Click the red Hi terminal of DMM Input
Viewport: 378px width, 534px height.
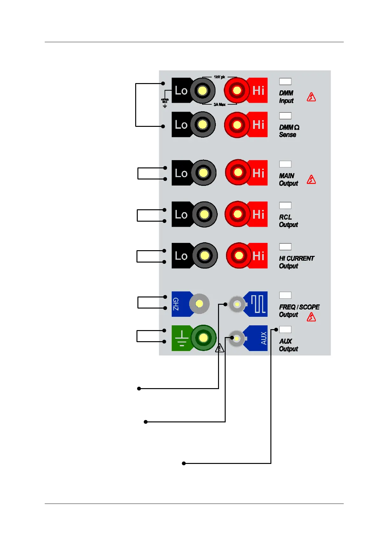[x=237, y=91]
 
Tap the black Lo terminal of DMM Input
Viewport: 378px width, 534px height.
[x=202, y=91]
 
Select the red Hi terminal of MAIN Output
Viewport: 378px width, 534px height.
[x=238, y=173]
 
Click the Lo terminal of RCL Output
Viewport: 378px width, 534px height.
[x=204, y=214]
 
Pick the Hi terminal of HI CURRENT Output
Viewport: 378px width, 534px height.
[x=239, y=256]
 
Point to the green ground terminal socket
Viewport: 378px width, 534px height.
[x=203, y=338]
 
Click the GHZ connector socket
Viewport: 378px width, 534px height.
[x=199, y=304]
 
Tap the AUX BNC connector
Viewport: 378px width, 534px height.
[x=236, y=339]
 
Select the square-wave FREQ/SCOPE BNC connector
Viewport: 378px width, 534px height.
[x=237, y=304]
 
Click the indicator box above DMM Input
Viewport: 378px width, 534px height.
[x=285, y=81]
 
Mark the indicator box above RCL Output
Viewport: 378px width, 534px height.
[x=285, y=205]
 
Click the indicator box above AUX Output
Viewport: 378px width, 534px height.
[x=285, y=329]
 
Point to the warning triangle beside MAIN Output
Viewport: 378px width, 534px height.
[x=311, y=180]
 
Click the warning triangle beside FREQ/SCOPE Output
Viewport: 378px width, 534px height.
[x=311, y=317]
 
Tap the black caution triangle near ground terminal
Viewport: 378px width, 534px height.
[x=220, y=348]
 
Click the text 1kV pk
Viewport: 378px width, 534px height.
[x=219, y=77]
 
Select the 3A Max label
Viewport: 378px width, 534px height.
[x=219, y=104]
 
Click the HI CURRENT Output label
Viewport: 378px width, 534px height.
[x=296, y=262]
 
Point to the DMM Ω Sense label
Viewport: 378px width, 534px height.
[x=289, y=131]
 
